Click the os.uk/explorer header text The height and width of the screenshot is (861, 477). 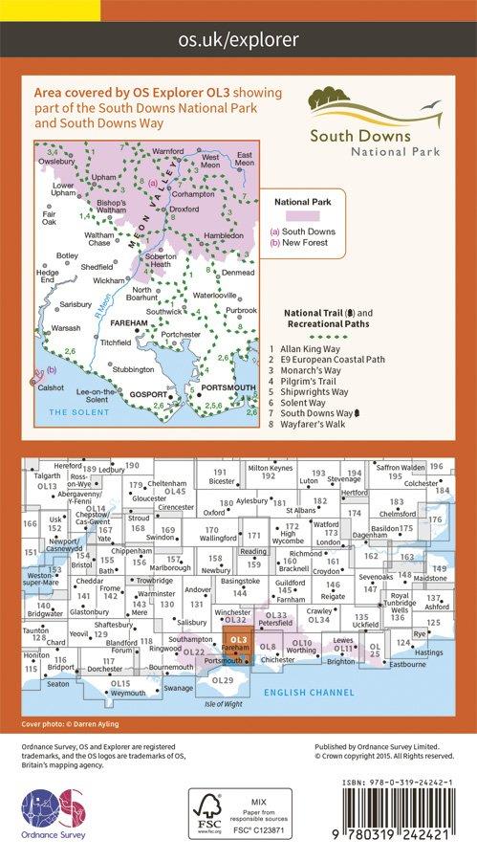pos(238,39)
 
